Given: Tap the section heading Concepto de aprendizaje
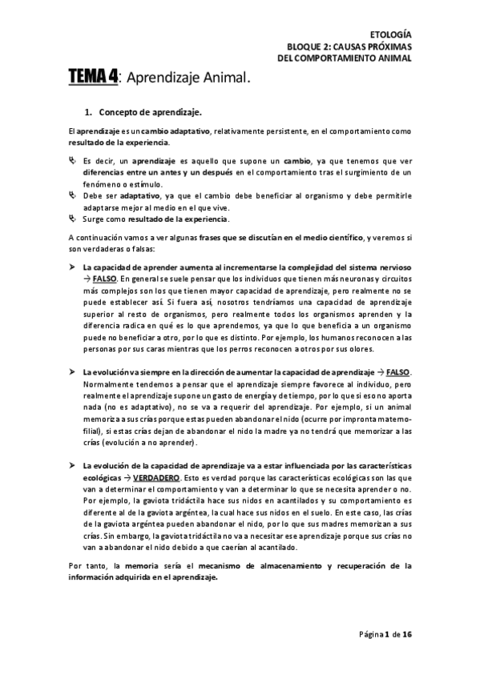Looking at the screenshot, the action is click(x=150, y=112).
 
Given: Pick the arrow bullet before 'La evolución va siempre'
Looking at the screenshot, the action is click(x=73, y=373).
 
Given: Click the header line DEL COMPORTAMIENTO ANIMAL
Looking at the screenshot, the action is click(x=345, y=58).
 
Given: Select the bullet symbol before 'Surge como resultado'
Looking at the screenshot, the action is click(x=72, y=218).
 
